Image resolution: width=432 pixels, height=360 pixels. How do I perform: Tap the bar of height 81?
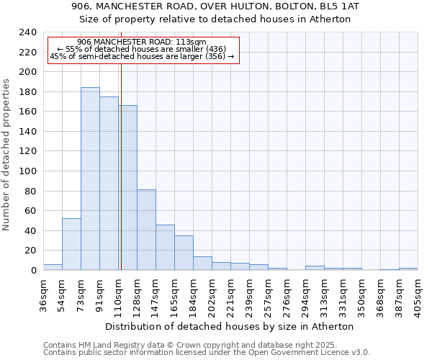pos(146,230)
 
